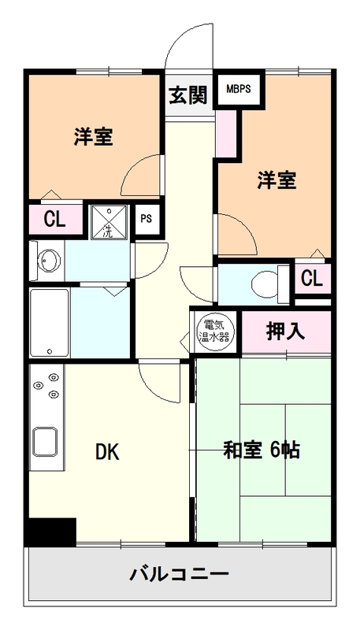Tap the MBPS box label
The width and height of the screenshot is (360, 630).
[x=239, y=88]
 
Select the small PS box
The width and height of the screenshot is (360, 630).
[x=146, y=220]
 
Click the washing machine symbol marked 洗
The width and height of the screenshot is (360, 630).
[x=109, y=221]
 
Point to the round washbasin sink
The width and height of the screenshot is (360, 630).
[x=48, y=261]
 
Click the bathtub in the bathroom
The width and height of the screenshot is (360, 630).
[x=50, y=323]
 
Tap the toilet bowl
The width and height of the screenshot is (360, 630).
[x=266, y=283]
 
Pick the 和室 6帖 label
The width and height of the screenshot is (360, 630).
[x=262, y=450]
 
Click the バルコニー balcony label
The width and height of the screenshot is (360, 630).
[x=179, y=573]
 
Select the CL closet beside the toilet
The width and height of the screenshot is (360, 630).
[x=312, y=279]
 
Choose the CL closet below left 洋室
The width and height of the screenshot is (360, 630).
[x=54, y=220]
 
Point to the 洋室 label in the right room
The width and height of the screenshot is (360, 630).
[x=276, y=180]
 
